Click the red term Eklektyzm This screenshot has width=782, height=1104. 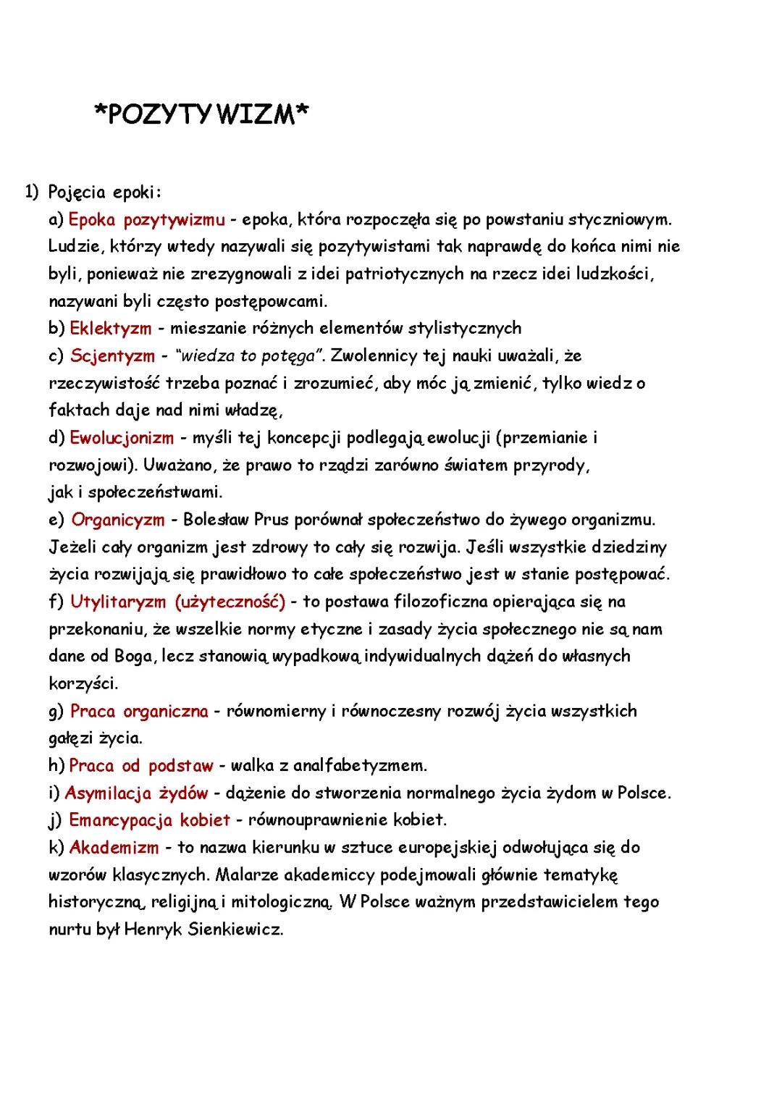tap(111, 329)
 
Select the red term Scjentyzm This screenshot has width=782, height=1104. tap(112, 356)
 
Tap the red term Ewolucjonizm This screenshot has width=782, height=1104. tap(122, 438)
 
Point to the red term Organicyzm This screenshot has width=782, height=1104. tap(118, 520)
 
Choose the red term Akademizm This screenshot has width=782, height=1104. tap(114, 847)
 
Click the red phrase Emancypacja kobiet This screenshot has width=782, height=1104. tap(149, 820)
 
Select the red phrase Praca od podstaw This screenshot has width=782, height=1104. tap(141, 765)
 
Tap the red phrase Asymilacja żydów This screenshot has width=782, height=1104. tap(136, 793)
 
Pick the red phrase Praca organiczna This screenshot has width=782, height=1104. tap(139, 711)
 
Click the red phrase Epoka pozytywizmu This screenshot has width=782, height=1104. tap(146, 219)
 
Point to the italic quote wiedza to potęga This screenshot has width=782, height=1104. tap(249, 356)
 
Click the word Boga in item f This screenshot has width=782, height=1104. tap(133, 656)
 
